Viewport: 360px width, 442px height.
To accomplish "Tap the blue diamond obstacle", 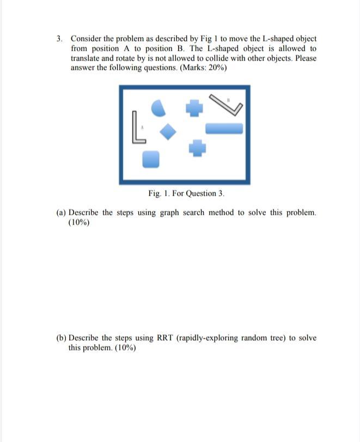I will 169,131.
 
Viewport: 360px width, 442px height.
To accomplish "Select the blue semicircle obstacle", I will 158,108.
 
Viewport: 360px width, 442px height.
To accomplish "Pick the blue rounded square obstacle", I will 151,159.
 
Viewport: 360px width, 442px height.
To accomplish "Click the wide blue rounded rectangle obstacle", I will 224,129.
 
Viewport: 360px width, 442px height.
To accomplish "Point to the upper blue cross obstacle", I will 194,108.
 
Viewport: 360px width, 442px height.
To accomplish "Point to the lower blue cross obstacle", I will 198,148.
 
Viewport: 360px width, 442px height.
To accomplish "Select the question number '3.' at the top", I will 60,39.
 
